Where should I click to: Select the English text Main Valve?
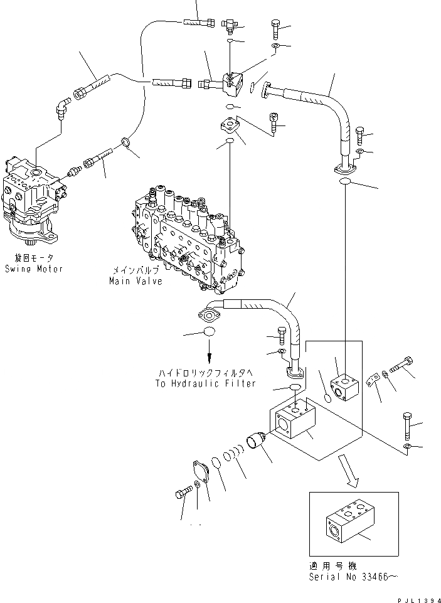(x=136, y=281)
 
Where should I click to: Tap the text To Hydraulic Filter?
(x=205, y=383)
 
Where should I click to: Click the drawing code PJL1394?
(x=415, y=597)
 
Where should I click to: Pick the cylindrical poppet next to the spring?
(x=258, y=442)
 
